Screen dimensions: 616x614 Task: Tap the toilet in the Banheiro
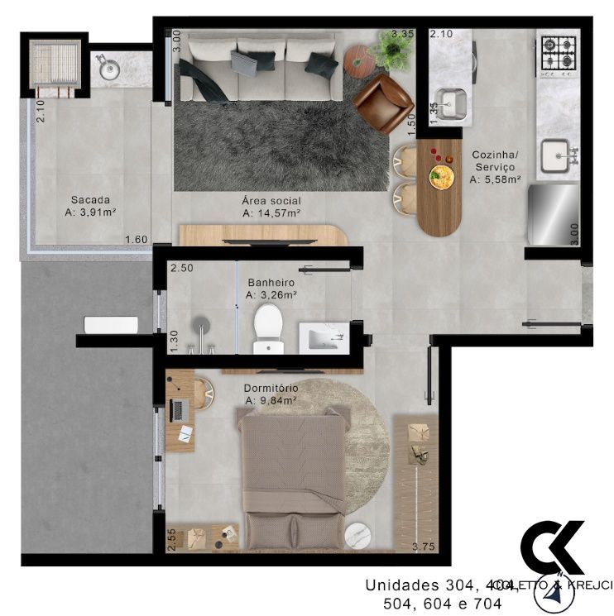(267, 326)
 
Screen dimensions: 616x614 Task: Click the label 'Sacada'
(89, 199)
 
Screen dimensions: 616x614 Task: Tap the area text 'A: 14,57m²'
(271, 213)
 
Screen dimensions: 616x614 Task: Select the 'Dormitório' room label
(271, 388)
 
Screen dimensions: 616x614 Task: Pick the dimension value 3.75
(424, 547)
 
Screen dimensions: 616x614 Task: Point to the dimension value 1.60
(136, 241)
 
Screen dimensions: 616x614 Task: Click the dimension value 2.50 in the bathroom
(180, 269)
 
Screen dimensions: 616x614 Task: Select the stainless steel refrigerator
(553, 214)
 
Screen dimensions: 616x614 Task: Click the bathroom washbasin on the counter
(323, 337)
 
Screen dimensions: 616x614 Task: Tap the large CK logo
(552, 546)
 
